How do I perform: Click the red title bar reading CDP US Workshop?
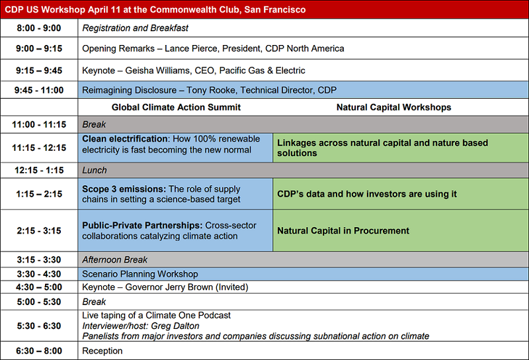coord(264,9)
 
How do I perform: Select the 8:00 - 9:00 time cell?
coord(39,28)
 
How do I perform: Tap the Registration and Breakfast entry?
coord(136,28)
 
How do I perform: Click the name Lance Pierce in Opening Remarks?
coord(191,48)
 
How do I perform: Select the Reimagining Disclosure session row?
coord(303,90)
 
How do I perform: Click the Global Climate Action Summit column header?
coord(176,107)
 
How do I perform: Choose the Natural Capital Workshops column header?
coord(393,107)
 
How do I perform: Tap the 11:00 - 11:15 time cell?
coord(39,124)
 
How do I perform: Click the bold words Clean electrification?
coord(125,139)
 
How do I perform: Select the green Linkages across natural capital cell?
coord(401,148)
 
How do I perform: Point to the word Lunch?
coord(95,170)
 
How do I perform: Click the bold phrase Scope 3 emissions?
coord(124,189)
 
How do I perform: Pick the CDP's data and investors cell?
coord(401,194)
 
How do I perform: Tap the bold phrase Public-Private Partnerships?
coord(142,225)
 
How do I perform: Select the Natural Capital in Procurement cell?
coord(401,231)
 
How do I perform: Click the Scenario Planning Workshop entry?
coord(140,274)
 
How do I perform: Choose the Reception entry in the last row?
coord(102,351)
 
